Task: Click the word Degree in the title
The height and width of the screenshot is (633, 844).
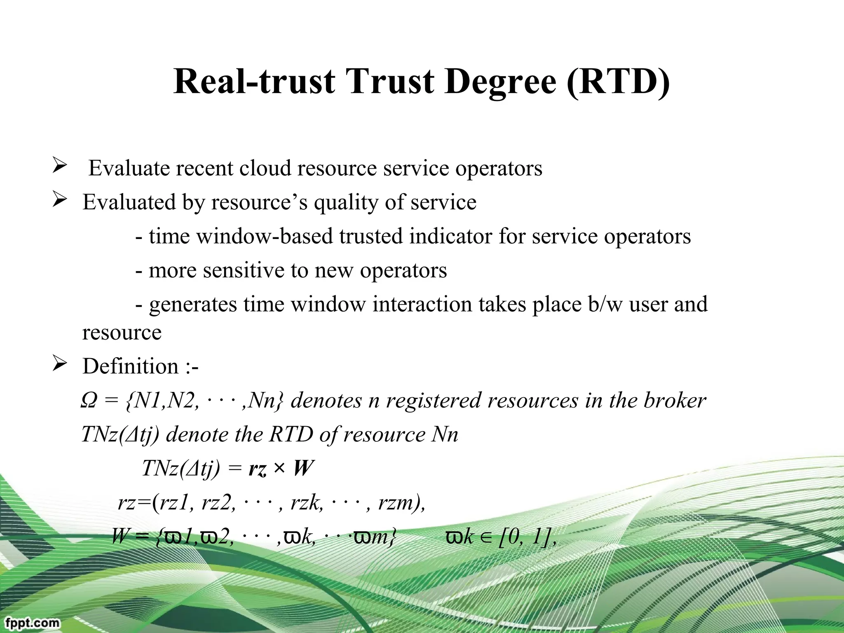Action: (x=501, y=81)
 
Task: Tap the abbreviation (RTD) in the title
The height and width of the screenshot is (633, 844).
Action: (x=619, y=81)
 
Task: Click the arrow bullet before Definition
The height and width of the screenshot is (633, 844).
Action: (x=60, y=364)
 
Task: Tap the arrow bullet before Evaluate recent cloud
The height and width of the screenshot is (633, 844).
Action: (x=60, y=166)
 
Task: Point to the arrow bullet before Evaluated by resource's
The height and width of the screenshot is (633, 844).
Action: (x=60, y=201)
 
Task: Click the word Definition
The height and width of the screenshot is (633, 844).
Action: (x=130, y=366)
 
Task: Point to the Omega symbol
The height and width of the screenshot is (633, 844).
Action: (x=89, y=401)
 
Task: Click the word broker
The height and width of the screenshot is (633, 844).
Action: (x=675, y=401)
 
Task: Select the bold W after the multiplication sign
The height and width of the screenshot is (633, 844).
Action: (x=303, y=469)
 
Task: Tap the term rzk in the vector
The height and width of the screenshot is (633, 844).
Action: (x=306, y=503)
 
